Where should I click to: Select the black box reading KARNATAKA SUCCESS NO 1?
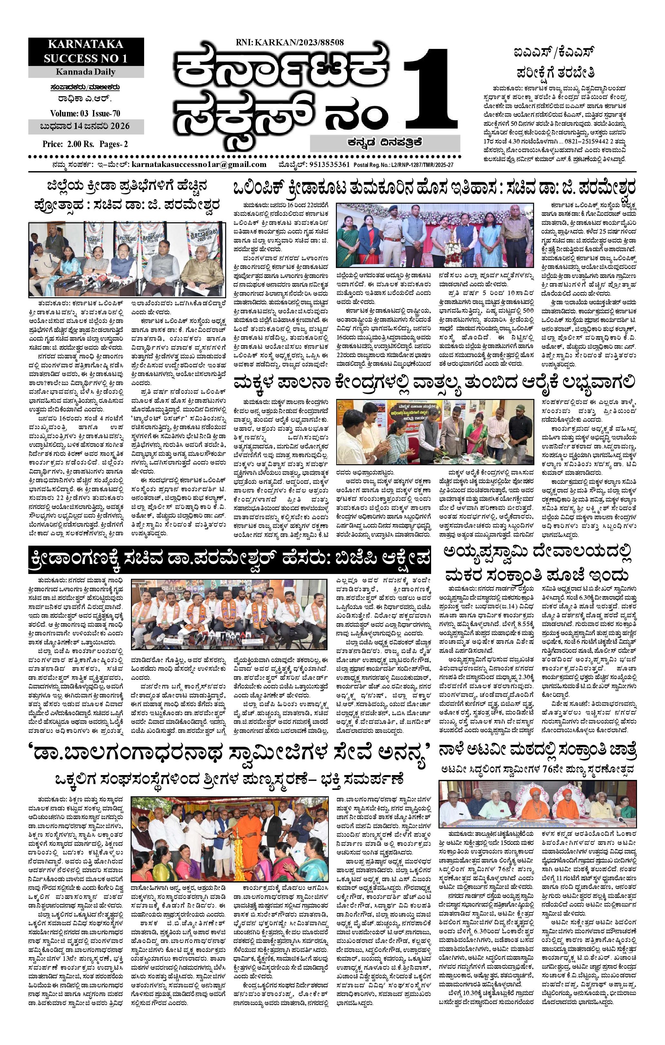[x=86, y=52]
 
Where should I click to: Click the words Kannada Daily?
[x=86, y=72]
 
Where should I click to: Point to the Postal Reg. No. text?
[x=404, y=165]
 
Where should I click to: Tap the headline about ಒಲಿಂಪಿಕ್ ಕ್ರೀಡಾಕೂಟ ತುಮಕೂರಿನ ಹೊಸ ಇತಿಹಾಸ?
[x=434, y=189]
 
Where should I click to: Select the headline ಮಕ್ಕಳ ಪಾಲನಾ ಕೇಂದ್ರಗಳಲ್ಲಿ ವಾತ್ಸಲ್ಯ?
[x=434, y=383]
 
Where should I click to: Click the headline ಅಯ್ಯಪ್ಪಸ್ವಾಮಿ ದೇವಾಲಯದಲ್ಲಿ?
[x=537, y=554]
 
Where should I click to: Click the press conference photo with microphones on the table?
[x=127, y=259]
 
